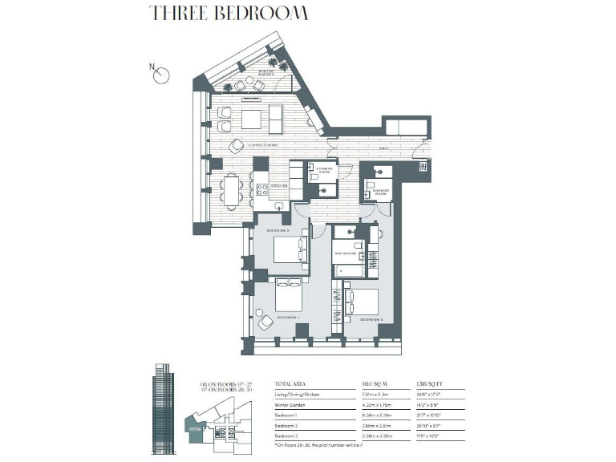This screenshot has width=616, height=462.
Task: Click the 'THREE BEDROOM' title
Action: tap(228, 14)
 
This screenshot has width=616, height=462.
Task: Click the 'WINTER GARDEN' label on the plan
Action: tap(266, 73)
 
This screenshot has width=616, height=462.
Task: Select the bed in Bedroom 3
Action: tap(366, 302)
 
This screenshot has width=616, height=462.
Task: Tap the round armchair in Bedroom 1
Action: tap(265, 322)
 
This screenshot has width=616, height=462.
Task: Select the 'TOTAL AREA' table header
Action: tap(291, 384)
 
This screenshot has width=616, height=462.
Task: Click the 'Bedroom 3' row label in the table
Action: tap(292, 434)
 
